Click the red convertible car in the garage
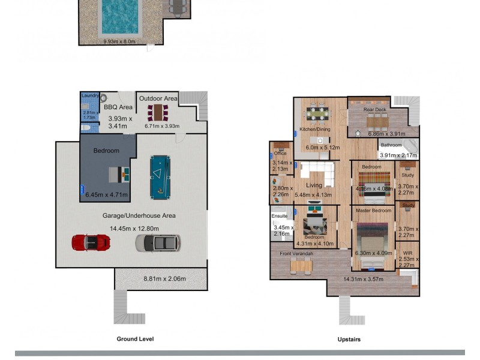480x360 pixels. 91,242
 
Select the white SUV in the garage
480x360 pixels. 157,242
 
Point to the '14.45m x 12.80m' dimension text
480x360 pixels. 134,229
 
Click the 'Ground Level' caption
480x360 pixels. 135,339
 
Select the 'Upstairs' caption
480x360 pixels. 349,340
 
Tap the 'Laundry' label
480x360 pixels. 90,95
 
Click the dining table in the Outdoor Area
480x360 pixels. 158,113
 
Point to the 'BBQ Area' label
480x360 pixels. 118,107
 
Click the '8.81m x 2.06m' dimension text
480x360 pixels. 164,278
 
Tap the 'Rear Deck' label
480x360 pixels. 375,110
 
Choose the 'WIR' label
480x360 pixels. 407,253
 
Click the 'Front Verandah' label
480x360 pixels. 296,254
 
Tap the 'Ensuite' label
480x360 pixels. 280,215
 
